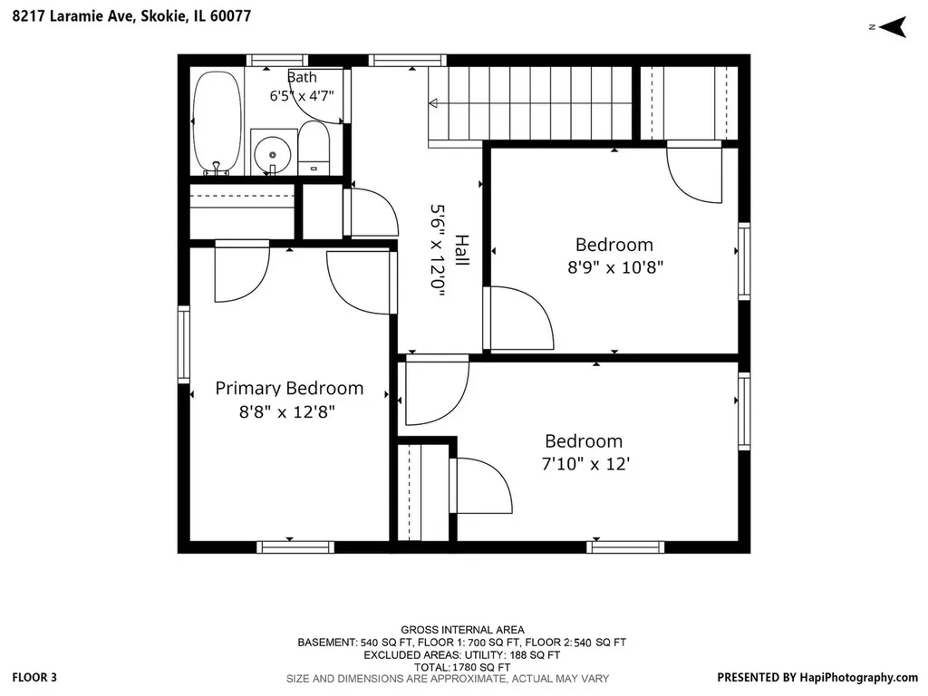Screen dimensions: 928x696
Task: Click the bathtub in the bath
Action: [x=217, y=122]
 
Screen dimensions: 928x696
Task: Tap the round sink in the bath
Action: [x=272, y=154]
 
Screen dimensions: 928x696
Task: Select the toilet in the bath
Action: [x=314, y=148]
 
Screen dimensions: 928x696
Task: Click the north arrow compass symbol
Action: [x=893, y=27]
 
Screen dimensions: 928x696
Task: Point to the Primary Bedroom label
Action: [x=289, y=388]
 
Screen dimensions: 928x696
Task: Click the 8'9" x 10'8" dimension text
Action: [x=615, y=267]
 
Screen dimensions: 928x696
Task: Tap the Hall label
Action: [x=461, y=250]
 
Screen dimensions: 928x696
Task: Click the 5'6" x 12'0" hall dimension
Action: [x=438, y=250]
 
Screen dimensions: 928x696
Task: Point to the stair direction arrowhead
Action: [x=432, y=103]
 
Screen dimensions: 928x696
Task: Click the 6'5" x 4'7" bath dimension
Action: [x=302, y=96]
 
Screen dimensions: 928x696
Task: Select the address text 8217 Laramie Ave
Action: [x=74, y=16]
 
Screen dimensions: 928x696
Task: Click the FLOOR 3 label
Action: [x=34, y=678]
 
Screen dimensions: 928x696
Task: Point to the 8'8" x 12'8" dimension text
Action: [x=287, y=411]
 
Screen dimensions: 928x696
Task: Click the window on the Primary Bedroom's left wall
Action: [x=183, y=344]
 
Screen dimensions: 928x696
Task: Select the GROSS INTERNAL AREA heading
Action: [x=462, y=630]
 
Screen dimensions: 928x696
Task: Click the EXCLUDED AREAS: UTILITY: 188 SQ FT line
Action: [x=461, y=655]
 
